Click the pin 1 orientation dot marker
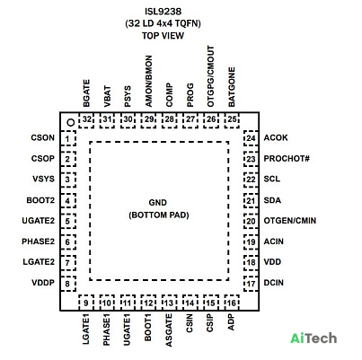click(71, 122)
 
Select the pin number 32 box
click(86, 120)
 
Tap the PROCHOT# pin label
click(287, 158)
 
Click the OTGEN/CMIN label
click(290, 221)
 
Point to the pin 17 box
click(251, 283)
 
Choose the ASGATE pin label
click(169, 330)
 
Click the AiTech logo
click(313, 338)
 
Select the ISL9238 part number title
click(163, 12)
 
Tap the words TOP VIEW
click(163, 36)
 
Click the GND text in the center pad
click(158, 203)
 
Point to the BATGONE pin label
click(232, 87)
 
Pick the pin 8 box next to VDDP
click(68, 283)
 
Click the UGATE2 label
click(39, 221)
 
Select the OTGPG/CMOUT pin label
click(211, 76)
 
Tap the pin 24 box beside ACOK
click(251, 138)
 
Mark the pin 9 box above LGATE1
click(86, 303)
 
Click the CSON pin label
click(43, 137)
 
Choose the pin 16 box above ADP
click(232, 303)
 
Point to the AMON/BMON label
click(148, 81)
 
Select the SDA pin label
click(272, 200)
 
